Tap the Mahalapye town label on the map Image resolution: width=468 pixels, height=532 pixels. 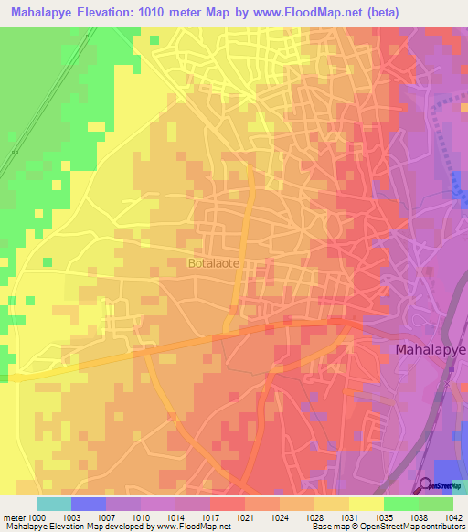pos(431,349)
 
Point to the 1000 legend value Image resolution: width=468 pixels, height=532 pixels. pos(37,516)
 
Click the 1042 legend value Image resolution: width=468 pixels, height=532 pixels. pos(453,516)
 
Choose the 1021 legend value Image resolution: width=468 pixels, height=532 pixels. pos(245,516)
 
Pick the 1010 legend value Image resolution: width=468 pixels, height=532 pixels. pos(141,516)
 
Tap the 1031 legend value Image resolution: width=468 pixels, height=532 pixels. pos(349,516)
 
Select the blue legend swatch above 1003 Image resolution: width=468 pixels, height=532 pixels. pos(89,504)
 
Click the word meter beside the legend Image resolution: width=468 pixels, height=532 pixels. pos(13,516)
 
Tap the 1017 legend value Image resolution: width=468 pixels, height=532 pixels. pos(210,516)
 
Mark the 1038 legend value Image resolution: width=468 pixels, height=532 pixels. pos(419,516)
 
